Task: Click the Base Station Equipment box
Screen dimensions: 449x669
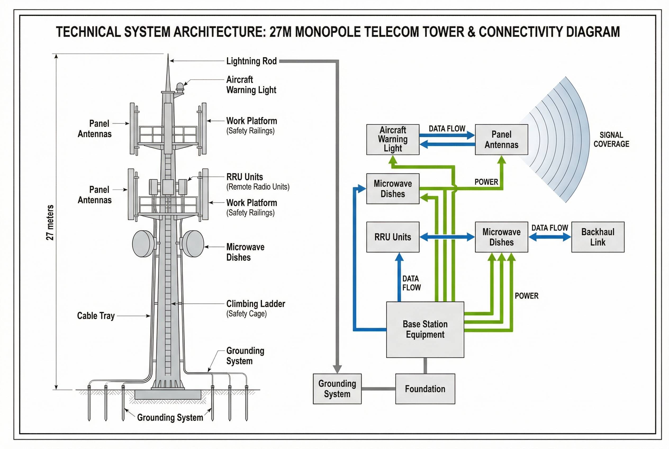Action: [x=425, y=329]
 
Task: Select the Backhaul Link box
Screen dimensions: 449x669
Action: [x=598, y=237]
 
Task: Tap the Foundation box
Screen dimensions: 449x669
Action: [x=425, y=389]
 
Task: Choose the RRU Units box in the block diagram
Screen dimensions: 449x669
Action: [x=392, y=237]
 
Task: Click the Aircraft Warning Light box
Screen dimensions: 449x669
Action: [x=392, y=139]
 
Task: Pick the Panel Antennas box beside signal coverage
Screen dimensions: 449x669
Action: [x=501, y=139]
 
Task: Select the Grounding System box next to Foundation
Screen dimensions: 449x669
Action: [x=337, y=389]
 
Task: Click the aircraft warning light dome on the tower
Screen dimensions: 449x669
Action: [x=180, y=86]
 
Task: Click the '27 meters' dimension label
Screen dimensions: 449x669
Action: [x=50, y=222]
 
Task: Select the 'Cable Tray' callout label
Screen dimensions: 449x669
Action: [x=96, y=316]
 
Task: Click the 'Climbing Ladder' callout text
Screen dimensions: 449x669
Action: [x=255, y=304]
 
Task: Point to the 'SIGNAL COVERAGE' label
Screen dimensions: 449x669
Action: [x=611, y=140]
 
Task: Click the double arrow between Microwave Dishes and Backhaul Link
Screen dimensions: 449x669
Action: [x=549, y=237]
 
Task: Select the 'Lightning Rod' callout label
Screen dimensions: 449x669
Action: [x=251, y=61]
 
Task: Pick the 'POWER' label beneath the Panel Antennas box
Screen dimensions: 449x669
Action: [x=486, y=182]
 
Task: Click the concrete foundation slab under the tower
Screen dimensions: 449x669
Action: [x=168, y=394]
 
